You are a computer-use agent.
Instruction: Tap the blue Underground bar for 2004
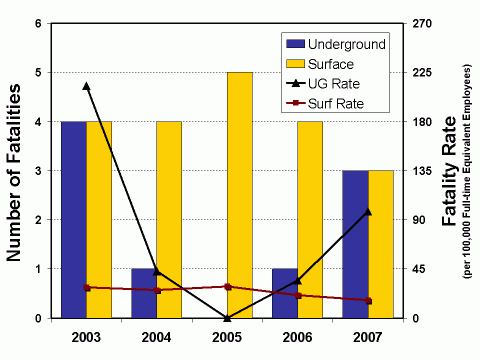click(x=144, y=293)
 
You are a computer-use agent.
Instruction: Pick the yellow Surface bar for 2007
click(x=381, y=245)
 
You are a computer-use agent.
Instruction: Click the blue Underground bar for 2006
click(x=285, y=293)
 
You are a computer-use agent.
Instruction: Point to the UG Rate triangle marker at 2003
click(x=86, y=86)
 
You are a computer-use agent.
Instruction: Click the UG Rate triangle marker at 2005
click(x=227, y=318)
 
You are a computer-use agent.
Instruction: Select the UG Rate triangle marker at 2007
click(x=368, y=211)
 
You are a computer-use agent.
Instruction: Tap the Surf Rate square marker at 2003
click(x=86, y=288)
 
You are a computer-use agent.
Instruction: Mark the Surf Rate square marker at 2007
click(x=368, y=301)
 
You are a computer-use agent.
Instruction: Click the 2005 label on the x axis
click(x=227, y=336)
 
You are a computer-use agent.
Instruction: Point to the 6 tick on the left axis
click(x=37, y=23)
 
